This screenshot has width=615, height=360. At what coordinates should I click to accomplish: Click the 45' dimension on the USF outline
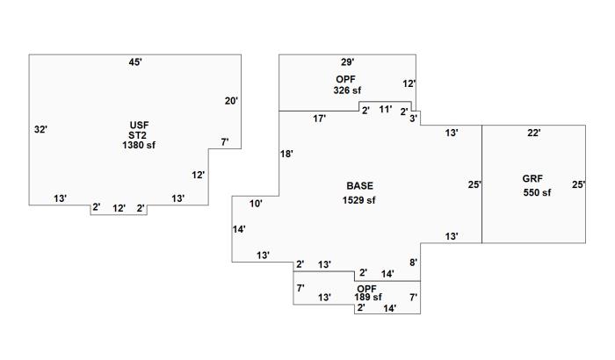point(135,62)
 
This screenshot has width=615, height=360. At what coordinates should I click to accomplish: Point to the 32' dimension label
point(40,129)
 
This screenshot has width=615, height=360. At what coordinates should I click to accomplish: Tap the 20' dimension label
point(231,101)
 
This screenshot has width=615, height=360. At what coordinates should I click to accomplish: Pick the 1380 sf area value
point(138,145)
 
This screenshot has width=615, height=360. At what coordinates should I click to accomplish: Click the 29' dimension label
point(347,62)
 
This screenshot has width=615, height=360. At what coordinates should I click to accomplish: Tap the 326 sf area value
point(347,90)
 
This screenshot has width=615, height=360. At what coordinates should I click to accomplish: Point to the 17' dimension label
point(320,119)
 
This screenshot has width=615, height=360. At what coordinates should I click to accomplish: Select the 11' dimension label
point(385,109)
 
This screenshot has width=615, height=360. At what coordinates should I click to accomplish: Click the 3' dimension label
point(414,118)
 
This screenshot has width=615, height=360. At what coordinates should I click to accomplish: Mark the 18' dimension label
point(286,154)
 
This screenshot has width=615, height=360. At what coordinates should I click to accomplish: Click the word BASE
point(359,186)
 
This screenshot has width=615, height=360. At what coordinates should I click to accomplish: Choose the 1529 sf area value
point(359,200)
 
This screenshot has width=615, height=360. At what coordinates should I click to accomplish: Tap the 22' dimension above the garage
point(533,133)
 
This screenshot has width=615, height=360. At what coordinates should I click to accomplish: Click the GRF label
point(533,179)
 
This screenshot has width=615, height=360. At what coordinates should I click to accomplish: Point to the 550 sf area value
point(537,193)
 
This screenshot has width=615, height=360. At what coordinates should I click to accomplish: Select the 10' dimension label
point(256,204)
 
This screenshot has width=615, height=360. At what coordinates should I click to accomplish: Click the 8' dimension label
point(413,262)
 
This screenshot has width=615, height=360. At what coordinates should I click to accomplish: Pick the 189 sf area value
point(368,298)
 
